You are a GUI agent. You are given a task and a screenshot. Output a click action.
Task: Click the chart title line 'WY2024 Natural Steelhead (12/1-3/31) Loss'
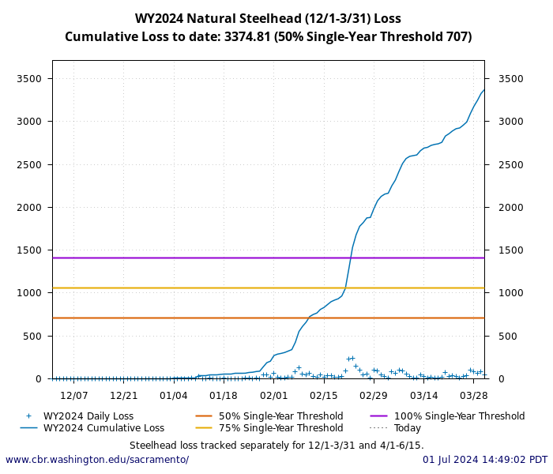tap(268, 18)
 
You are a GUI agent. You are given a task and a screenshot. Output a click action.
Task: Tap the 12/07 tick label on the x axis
tap(73, 395)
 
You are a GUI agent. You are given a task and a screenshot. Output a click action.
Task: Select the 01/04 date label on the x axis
tap(174, 395)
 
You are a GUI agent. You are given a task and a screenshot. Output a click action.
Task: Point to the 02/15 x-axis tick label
tap(324, 395)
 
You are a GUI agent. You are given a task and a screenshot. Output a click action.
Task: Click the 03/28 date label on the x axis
tap(474, 395)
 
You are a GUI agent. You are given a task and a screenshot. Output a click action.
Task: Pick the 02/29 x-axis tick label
tap(374, 395)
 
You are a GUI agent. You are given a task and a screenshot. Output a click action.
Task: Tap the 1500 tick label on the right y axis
tap(510, 250)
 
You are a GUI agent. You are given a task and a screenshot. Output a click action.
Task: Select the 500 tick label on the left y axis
tap(32, 336)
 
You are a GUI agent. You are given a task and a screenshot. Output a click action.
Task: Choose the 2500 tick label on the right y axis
tap(510, 164)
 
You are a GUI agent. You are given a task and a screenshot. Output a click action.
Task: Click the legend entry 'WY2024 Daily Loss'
tap(88, 416)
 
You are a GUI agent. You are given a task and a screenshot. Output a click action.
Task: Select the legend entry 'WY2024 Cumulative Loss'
tap(103, 428)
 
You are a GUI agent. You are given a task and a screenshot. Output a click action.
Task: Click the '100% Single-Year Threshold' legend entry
tap(459, 416)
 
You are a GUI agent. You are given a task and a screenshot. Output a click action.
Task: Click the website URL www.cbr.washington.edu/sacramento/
tap(97, 460)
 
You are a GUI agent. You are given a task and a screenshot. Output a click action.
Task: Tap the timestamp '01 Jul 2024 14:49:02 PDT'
tap(484, 460)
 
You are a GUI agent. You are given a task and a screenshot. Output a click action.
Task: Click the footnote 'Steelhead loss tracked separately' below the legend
tap(276, 446)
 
